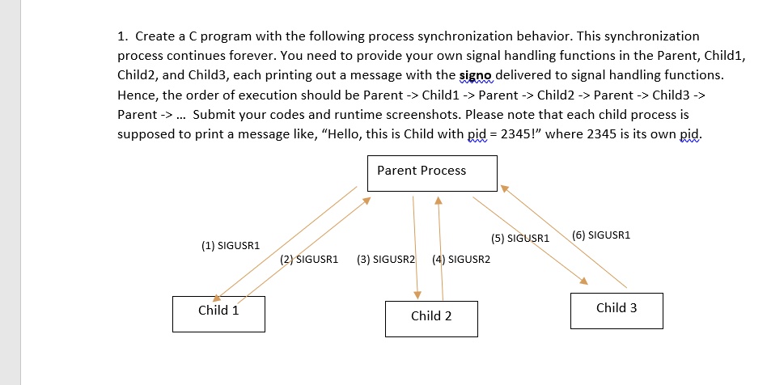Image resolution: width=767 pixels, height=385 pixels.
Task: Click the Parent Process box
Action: (432, 174)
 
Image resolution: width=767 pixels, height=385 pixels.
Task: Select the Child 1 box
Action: (218, 313)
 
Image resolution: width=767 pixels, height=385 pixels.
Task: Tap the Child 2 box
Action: (431, 319)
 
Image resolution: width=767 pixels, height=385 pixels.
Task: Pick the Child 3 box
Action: (617, 311)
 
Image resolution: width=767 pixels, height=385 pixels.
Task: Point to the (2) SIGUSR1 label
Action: (309, 260)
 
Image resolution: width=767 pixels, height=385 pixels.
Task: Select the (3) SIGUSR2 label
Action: (385, 260)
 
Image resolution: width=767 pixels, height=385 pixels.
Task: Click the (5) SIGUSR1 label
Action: (520, 239)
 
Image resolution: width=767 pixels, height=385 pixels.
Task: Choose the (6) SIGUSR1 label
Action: (600, 235)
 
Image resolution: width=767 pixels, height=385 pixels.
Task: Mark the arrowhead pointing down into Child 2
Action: (418, 294)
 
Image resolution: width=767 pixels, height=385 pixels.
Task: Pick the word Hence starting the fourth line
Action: (138, 95)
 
